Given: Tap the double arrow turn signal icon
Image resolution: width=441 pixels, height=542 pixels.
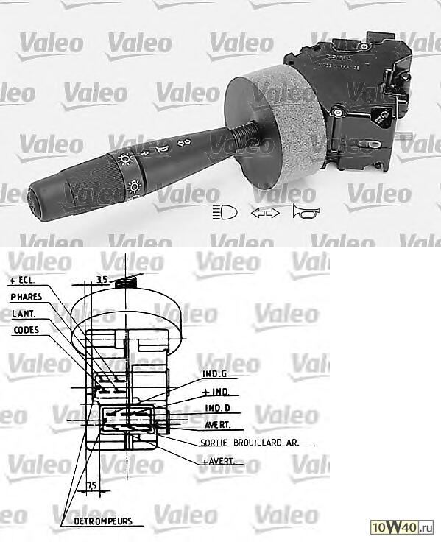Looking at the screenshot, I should [265, 214].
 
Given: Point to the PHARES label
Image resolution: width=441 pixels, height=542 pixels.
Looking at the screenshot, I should [27, 297].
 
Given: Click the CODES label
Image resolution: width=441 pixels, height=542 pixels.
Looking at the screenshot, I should [26, 330].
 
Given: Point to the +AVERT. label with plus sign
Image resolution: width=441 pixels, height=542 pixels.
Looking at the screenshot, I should [221, 461].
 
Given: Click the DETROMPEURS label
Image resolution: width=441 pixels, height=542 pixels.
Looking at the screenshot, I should [102, 521].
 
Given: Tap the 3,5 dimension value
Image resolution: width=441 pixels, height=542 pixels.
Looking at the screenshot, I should [102, 280].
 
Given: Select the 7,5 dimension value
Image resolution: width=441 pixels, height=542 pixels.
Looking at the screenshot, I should [92, 484].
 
